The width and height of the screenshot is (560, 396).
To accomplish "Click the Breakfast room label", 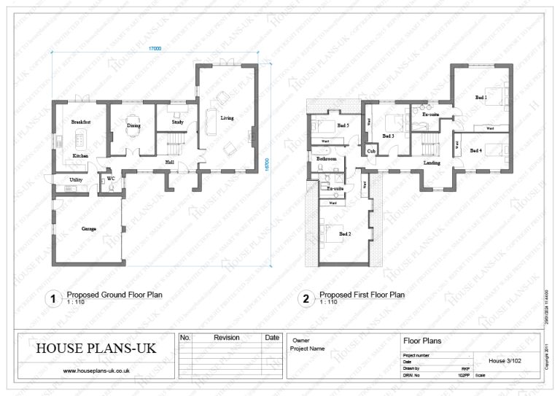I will point(80,123).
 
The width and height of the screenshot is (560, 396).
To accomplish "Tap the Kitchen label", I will point(80,157).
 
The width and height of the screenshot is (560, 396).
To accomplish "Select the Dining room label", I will point(133,126).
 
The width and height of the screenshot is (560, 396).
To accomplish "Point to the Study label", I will point(177,123).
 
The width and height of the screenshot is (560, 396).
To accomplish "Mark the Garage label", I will point(89,229).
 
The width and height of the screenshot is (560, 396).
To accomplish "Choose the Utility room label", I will point(75,179).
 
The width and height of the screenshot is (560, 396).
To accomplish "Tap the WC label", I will point(110,178).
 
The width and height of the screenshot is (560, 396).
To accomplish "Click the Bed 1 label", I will point(481,97).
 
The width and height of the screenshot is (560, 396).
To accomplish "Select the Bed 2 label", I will point(345,234).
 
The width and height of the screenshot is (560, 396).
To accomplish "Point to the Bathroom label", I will point(326,158).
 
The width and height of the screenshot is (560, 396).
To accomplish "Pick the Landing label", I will point(432,163).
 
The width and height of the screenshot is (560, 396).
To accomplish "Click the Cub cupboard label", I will point(371,151).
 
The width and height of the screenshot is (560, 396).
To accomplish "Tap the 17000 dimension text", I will point(155,48).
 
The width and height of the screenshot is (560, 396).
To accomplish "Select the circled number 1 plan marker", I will point(52,298).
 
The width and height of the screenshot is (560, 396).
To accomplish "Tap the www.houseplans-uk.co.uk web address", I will point(96,371).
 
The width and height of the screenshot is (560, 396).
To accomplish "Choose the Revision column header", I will point(226,338).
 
